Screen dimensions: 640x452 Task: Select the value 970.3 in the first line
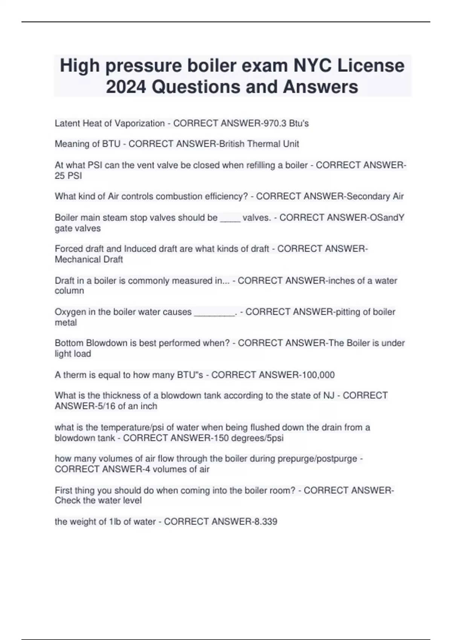pos(275,123)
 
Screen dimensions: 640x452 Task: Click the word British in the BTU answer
pos(232,144)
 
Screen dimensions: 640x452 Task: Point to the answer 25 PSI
pos(68,176)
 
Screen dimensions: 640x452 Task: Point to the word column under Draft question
pos(69,291)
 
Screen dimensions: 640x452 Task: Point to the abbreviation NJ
pos(329,396)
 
